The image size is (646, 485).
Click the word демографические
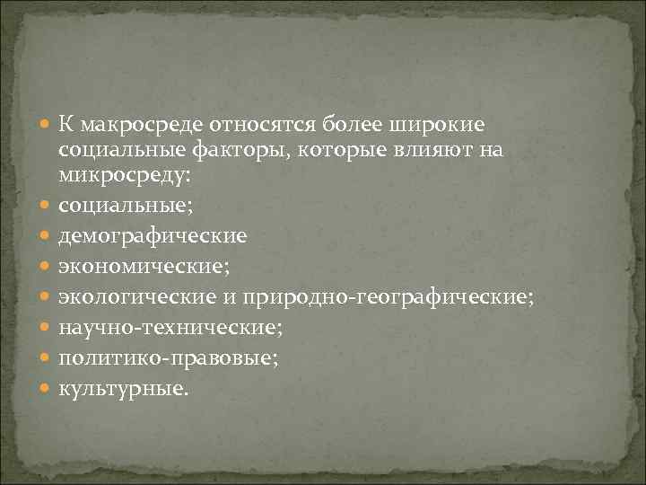pyautogui.click(x=153, y=240)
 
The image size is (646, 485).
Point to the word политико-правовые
pyautogui.click(x=169, y=358)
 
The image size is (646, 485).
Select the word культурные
pyautogui.click(x=124, y=388)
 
